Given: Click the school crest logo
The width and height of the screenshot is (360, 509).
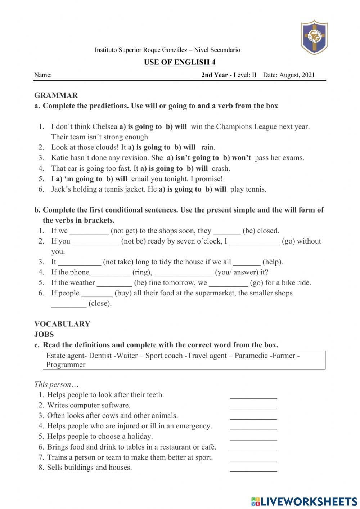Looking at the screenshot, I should coord(314,37).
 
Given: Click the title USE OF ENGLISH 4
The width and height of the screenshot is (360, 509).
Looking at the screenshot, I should coord(180,62).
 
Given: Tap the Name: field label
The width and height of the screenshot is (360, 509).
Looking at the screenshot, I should coord(43,75).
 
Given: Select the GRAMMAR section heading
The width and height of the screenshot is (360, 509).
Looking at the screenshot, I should coord(56,95).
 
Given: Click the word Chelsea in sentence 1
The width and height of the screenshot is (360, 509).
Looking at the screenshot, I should coord(105,126).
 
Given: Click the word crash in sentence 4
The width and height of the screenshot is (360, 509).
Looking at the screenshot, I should coord(221,168).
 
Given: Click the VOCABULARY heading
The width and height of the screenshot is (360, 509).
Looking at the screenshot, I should coord(62,324).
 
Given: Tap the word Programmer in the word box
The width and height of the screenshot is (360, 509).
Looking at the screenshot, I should coord(66,365).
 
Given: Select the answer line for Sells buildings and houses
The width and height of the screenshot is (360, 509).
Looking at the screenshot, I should coord(253,469).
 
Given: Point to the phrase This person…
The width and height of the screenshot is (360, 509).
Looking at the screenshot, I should coord(57,384).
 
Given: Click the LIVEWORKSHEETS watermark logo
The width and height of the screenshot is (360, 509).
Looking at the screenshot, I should coord(304,501).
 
